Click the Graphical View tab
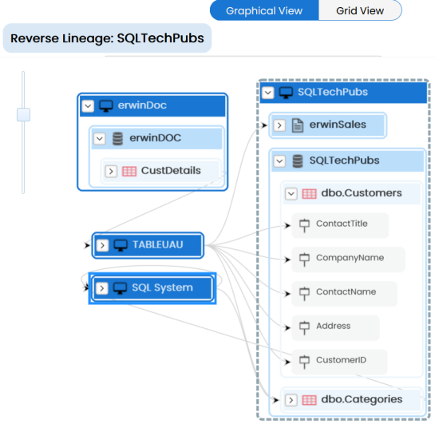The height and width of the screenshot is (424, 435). pos(264,10)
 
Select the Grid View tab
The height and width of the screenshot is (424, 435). pos(360,10)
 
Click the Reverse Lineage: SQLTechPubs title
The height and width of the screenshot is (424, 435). pos(107,38)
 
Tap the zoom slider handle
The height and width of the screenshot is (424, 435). pos(23,115)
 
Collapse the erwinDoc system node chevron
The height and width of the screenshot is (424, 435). pos(88,105)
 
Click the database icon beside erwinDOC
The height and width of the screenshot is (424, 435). pos(117,138)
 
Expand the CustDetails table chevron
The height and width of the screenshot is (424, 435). pos(111,172)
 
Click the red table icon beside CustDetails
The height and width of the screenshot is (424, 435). pos(129,172)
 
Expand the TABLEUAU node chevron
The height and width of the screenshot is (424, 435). pos(102,245)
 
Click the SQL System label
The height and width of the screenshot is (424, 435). pos(162,287)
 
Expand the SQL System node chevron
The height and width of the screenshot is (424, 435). pos(102,288)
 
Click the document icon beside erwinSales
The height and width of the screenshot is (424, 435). pos(298,125)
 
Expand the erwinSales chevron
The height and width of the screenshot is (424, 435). pos(279,125)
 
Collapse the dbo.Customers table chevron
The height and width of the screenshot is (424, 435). pos(291,194)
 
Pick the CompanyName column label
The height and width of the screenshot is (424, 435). pos(350,257)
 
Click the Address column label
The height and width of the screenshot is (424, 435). pos(334,326)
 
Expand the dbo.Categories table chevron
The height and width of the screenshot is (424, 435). pos(291,400)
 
